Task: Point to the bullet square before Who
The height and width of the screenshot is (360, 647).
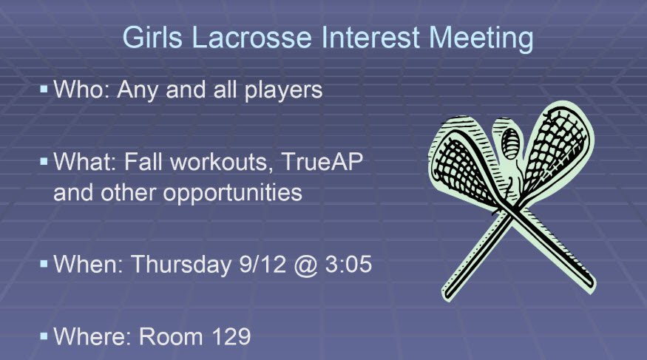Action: click(44, 89)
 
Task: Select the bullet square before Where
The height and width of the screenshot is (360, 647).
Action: click(44, 336)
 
